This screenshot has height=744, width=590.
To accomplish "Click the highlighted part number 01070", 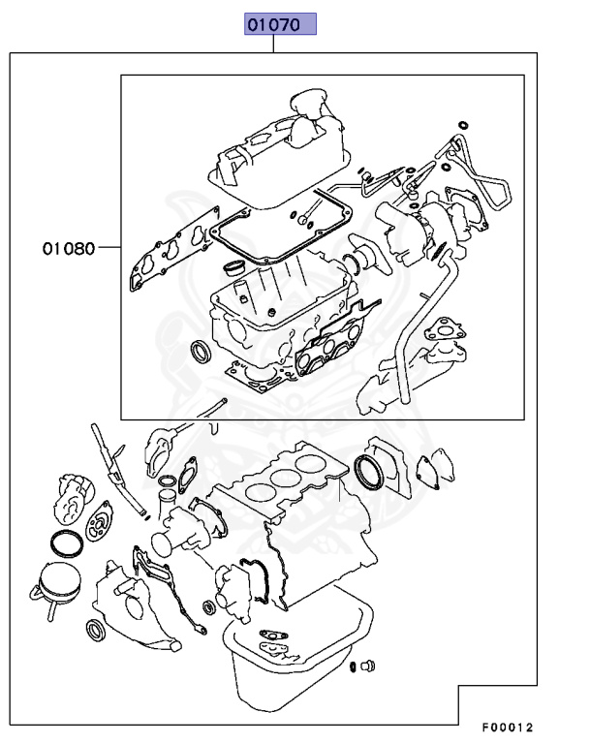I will coord(280,24).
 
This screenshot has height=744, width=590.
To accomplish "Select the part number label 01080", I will coord(68,248).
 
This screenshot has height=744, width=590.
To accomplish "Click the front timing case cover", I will coord(136,601).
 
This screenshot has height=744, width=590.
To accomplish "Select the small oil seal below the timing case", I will coord(97,631).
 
